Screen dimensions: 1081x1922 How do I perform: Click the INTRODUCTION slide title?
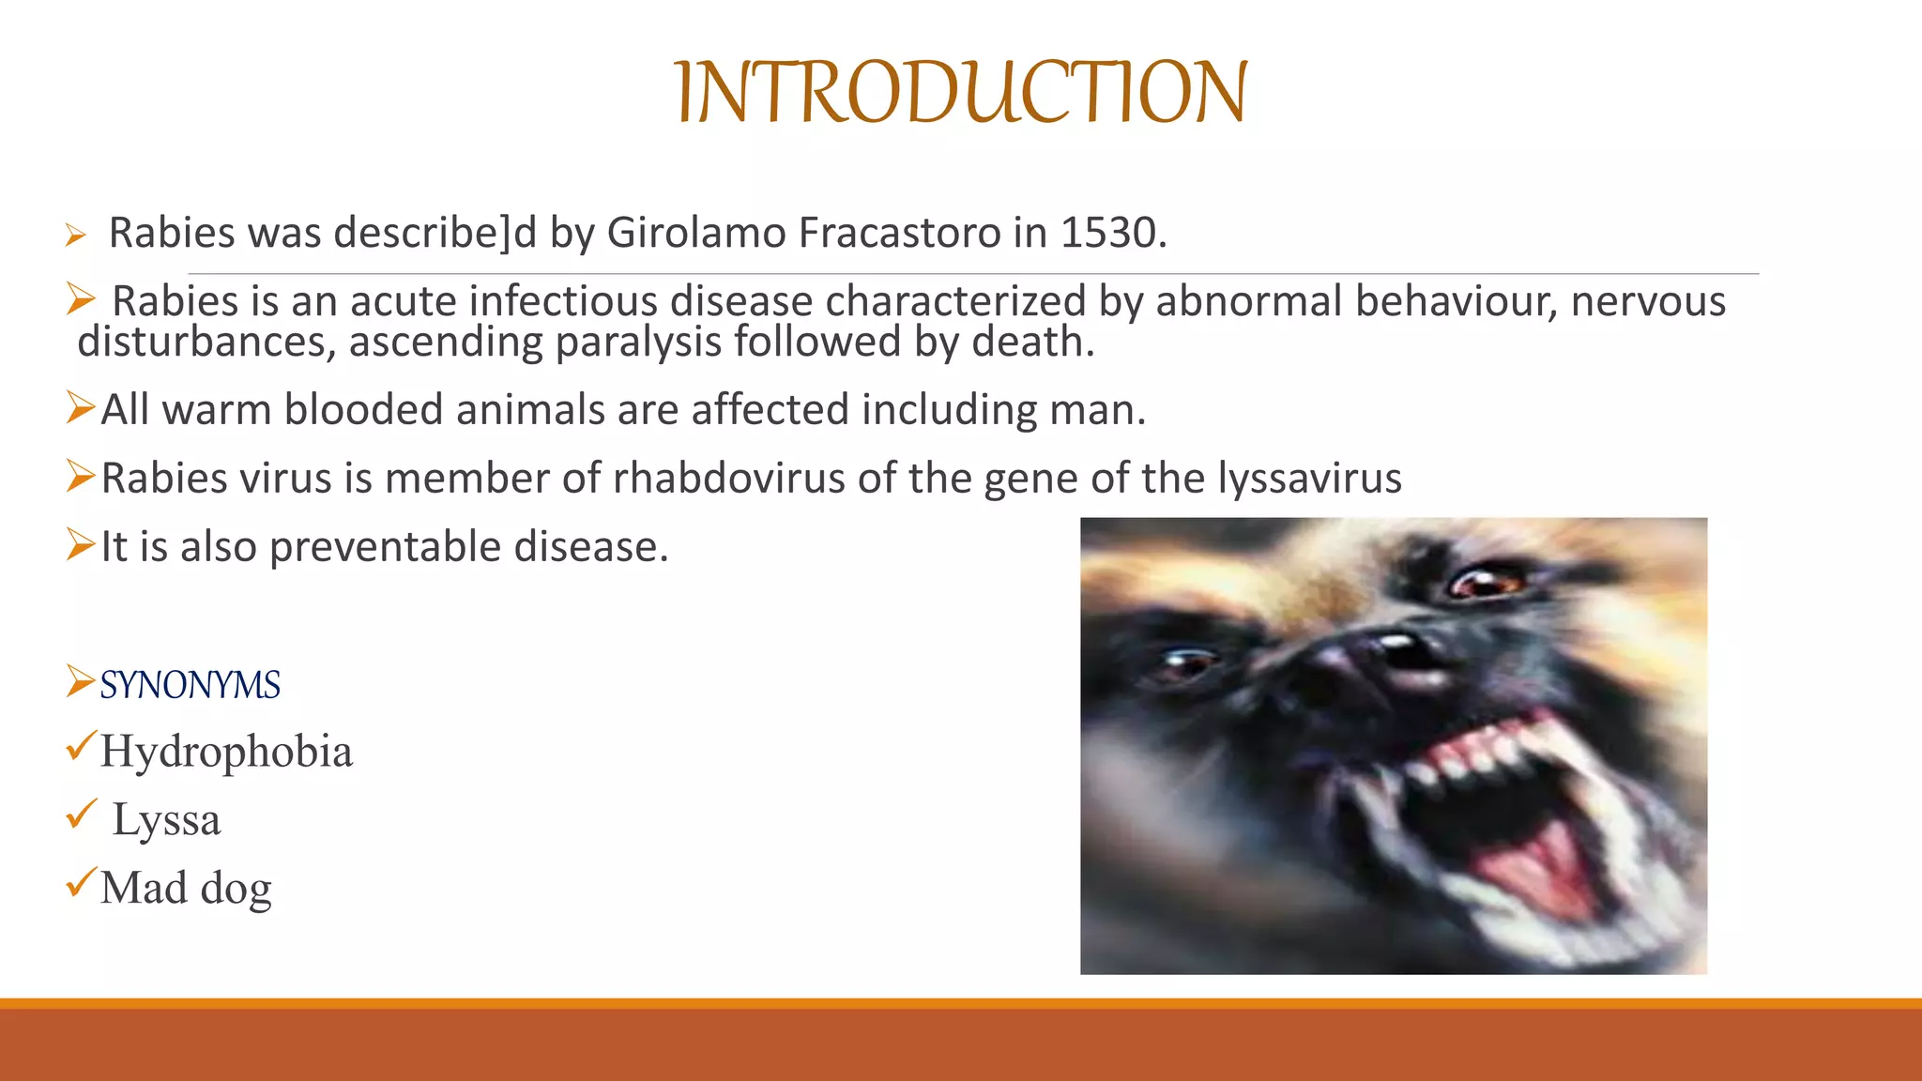pos(961,92)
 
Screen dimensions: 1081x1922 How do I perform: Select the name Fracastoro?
pos(899,233)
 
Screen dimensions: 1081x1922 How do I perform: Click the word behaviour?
pos(1456,301)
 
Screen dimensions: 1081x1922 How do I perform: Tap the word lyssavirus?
pos(1310,478)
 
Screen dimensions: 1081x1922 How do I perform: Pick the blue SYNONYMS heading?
pos(190,685)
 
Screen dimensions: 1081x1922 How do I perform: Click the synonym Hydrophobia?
pos(226,752)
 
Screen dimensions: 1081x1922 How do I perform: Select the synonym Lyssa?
pos(166,820)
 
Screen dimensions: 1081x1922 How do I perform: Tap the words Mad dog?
pos(186,888)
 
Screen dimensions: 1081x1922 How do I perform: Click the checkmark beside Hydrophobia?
pos(81,746)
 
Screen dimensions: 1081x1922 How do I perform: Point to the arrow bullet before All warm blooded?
pos(80,407)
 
